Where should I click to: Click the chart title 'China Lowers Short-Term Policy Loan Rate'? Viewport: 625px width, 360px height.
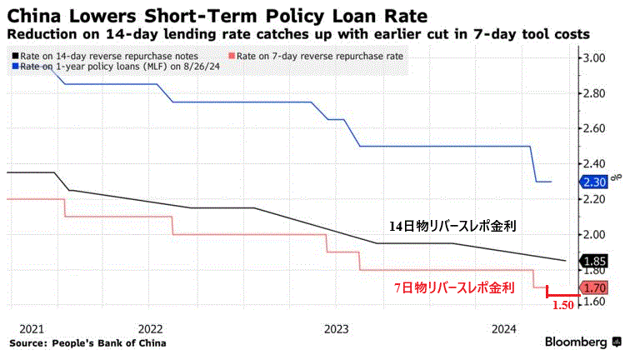pos(217,16)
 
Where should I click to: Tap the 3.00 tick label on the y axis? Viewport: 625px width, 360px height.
pos(594,57)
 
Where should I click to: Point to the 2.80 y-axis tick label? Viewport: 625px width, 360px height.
pos(594,93)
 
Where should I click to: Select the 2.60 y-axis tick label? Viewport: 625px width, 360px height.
pos(594,128)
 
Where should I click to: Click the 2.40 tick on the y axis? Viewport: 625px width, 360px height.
pos(594,163)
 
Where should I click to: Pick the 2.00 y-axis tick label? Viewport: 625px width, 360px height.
pos(594,234)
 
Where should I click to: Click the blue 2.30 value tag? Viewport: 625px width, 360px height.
pos(593,182)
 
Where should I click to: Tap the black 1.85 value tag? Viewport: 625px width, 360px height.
pos(593,262)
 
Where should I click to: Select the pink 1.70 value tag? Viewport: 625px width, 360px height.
pos(593,287)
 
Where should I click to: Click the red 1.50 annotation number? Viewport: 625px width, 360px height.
pos(562,305)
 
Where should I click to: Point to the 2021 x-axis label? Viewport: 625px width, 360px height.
pos(32,329)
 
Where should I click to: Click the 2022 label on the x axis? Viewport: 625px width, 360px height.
pos(150,329)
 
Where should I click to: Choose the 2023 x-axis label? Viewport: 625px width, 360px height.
pos(336,329)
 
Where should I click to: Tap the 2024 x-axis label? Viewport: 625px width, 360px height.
pos(504,329)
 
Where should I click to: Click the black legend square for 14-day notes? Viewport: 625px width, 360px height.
pos(16,56)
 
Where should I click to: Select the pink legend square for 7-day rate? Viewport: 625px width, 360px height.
pos(232,56)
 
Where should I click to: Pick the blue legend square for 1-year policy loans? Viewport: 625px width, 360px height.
pos(16,67)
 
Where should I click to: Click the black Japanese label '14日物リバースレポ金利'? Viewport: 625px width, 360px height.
pos(452,227)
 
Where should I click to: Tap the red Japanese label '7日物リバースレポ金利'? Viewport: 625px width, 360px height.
pos(454,287)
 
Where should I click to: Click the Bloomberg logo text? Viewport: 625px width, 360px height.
pos(576,342)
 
